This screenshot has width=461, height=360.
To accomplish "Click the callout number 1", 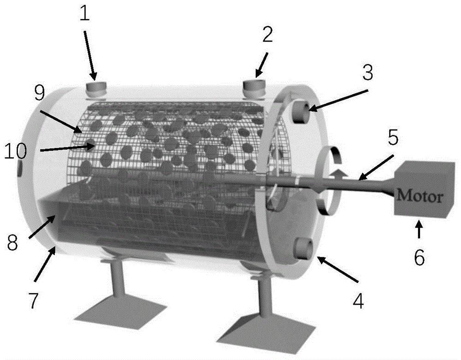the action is (84, 12).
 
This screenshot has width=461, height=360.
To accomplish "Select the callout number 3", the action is (367, 72).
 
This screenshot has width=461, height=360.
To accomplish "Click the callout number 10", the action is (16, 151).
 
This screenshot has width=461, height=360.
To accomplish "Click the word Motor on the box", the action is (420, 195).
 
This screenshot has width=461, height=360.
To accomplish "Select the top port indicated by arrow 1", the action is (96, 89).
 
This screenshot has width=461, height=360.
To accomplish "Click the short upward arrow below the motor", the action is (419, 230).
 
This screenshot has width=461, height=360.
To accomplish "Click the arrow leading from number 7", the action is (44, 264).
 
